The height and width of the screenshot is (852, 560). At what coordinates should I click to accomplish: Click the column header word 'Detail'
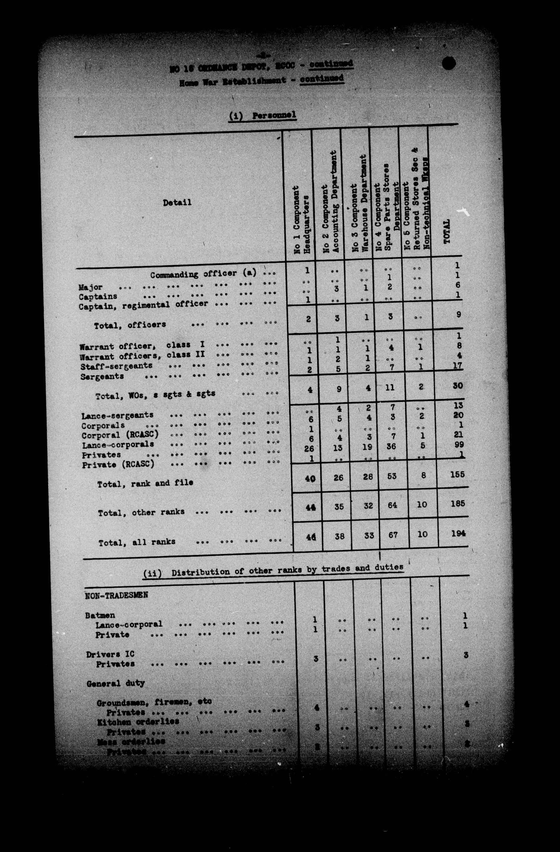(177, 203)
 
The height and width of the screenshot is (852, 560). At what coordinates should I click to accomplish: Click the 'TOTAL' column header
(447, 232)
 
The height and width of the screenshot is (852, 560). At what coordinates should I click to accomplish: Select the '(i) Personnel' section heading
(263, 116)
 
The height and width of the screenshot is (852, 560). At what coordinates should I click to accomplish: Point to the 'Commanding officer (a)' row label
(203, 274)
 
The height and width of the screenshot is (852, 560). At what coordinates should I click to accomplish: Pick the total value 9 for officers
(458, 315)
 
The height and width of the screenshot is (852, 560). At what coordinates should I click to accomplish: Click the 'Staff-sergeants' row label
(116, 366)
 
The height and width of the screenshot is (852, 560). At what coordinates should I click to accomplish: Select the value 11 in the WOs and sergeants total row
(390, 387)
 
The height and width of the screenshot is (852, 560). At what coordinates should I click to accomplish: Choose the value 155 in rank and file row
(457, 474)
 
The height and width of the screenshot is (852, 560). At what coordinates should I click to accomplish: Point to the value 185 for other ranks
(458, 504)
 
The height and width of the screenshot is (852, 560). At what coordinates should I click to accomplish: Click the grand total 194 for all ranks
(458, 533)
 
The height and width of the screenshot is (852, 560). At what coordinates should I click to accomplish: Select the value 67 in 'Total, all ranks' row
(392, 534)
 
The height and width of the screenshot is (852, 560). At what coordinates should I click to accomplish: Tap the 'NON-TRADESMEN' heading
(116, 596)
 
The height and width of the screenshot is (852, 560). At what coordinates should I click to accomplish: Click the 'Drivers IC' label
(110, 654)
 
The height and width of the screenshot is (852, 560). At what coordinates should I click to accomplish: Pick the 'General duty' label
(116, 683)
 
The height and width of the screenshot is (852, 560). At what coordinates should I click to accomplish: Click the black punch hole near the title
(449, 63)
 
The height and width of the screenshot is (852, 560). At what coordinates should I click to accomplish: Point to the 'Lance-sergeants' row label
(118, 416)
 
